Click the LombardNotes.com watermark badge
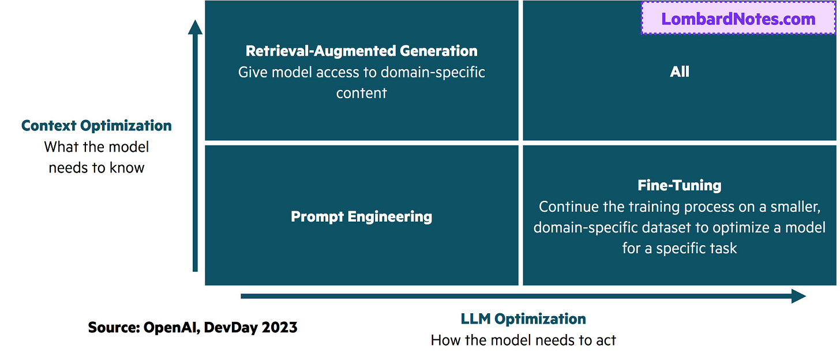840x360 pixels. (738, 18)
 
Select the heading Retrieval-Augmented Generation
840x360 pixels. (362, 51)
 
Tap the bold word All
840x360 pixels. (680, 72)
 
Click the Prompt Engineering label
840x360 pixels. (362, 217)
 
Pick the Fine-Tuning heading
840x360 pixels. (680, 185)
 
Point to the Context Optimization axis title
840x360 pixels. (96, 126)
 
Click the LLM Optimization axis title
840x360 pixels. (523, 318)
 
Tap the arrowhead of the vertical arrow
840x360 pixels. (195, 28)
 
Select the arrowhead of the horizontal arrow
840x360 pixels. (798, 297)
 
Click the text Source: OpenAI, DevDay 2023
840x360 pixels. (193, 328)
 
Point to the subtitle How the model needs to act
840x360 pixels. (523, 340)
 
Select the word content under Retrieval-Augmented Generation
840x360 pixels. (362, 93)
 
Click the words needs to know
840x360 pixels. (96, 168)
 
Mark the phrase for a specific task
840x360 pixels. (680, 249)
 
